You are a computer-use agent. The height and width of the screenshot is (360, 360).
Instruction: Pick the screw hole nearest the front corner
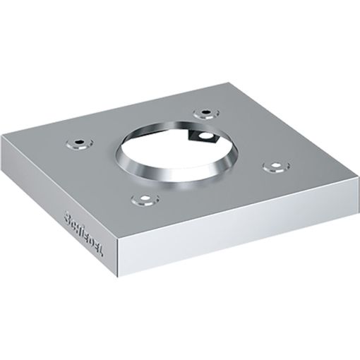(143, 198)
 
